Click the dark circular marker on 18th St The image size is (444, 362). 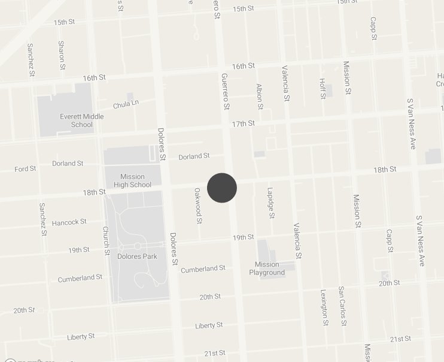(222, 188)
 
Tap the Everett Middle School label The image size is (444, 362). (77, 120)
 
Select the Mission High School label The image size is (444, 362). (132, 180)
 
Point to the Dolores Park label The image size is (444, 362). (137, 257)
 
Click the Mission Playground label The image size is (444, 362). (267, 269)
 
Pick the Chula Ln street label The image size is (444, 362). (126, 104)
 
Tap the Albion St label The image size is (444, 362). (260, 96)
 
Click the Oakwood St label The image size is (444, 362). (198, 205)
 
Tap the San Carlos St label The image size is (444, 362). (342, 306)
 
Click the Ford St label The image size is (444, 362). (26, 169)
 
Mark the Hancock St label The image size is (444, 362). (69, 222)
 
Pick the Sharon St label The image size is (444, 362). (61, 55)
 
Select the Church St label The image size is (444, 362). (106, 240)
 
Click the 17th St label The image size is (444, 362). (243, 123)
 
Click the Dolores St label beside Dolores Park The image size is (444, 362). (174, 248)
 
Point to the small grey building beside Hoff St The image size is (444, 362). (329, 91)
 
